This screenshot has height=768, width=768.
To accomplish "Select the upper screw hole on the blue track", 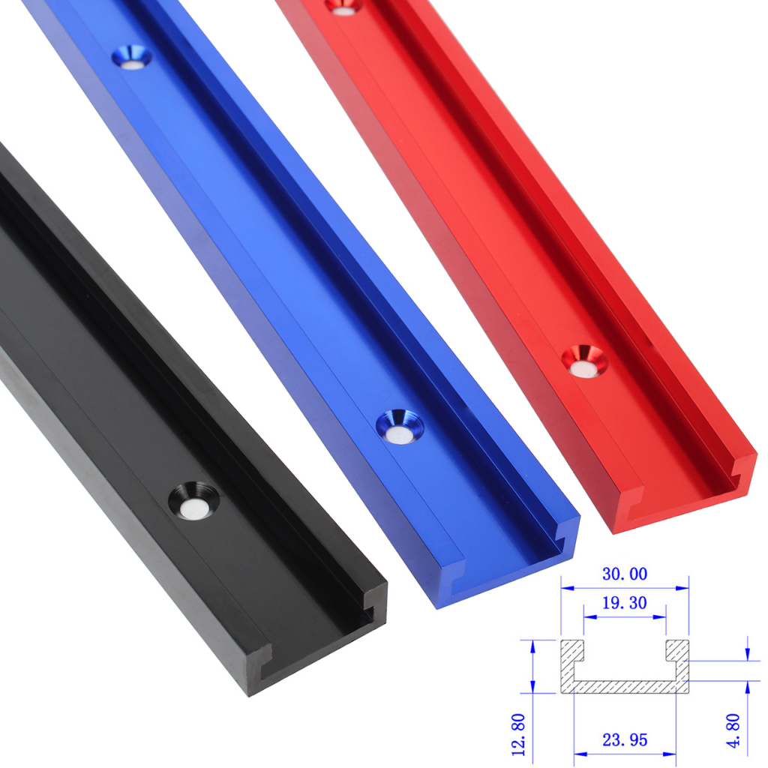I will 132,58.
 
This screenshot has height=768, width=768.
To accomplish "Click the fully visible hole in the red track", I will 584,361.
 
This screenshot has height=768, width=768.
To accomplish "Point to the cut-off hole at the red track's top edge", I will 344,5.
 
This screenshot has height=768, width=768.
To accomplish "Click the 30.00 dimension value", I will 624,574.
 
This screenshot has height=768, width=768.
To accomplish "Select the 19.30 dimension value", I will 624,602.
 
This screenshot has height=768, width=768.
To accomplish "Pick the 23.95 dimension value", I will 624,740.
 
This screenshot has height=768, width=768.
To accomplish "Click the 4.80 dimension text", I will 733,730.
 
